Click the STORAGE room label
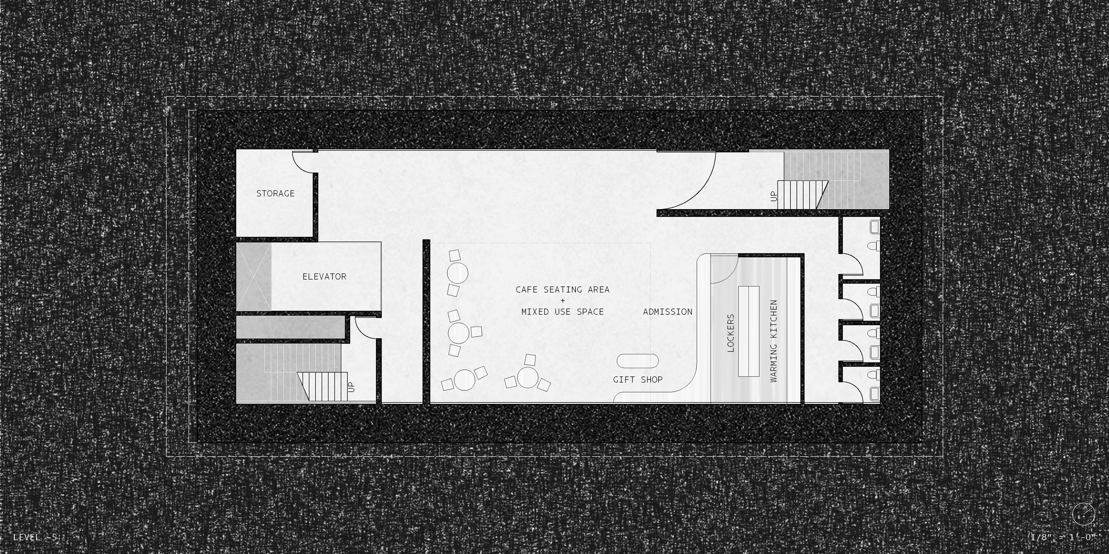pos(276,194)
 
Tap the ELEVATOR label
pos(324,277)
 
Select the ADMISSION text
pos(667,312)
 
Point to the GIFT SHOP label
pos(638,379)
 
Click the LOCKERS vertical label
pos(731,333)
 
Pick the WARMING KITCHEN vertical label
pos(774,341)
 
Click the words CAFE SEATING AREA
pos(562,289)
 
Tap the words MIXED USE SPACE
pos(562,312)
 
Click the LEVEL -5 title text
pos(35,537)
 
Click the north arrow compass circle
pos(1083,514)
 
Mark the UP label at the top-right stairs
pos(774,196)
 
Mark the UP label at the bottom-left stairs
pos(351,387)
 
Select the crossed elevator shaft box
pos(254,277)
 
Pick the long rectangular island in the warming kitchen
pos(749,331)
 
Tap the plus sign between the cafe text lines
pos(563,301)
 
